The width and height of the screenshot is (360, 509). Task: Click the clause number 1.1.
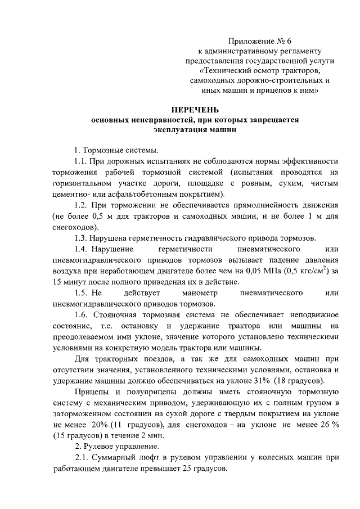point(82,161)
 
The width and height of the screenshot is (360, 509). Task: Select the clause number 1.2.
point(82,204)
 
